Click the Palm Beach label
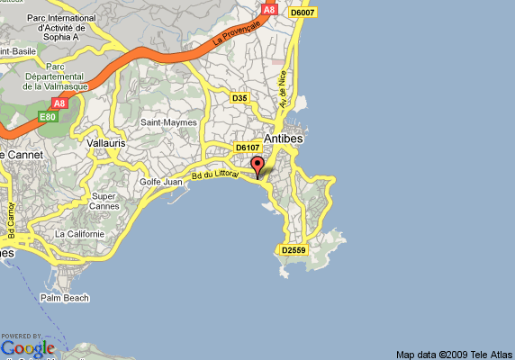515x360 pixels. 62,298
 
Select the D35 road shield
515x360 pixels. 239,98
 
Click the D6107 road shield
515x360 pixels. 247,147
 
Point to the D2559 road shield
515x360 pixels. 294,250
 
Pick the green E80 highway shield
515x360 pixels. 47,116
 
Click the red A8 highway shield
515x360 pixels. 268,9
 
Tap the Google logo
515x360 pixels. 28,346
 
